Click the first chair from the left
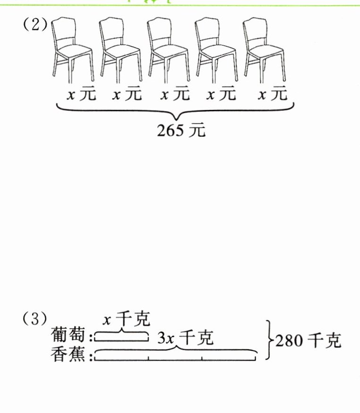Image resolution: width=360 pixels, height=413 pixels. tap(72, 50)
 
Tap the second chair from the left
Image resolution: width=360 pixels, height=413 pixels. tap(120, 50)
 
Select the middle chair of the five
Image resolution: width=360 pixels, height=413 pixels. tap(168, 50)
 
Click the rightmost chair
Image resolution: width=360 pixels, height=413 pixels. tap(264, 50)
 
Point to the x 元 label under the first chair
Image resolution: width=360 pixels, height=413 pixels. tap(81, 94)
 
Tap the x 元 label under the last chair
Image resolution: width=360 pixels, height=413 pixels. tap(273, 94)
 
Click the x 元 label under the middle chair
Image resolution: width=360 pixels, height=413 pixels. tap(175, 94)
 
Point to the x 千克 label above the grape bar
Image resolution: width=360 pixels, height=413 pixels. tap(126, 320)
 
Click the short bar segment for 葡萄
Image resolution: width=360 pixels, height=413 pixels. tap(122, 338)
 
